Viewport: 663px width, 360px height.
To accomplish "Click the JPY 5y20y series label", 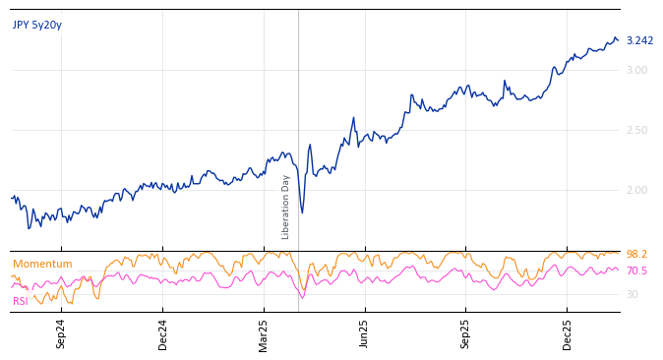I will pos(37,26).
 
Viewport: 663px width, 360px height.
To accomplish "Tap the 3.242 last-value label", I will pos(639,41).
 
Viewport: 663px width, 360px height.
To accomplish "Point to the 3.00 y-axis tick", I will pos(636,70).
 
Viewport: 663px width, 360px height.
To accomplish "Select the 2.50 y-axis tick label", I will pos(636,130).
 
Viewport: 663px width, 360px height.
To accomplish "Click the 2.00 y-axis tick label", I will pos(636,190).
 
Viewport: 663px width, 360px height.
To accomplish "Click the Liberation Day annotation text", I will pos(286,207).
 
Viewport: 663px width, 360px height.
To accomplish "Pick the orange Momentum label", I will pos(42,265).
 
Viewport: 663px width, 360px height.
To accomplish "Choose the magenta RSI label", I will pos(21,302).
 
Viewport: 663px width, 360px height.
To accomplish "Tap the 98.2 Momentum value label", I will pos(636,255).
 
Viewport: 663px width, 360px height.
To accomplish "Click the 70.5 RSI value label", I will pos(636,271).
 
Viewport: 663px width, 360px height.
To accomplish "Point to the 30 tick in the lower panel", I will pos(632,294).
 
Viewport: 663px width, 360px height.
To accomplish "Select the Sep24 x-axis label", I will pos(61,333).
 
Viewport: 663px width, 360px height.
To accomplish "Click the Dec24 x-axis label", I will pos(163,333).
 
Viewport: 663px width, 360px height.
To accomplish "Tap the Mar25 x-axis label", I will pos(264,333).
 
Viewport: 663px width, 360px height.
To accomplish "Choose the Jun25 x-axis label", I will pos(365,333).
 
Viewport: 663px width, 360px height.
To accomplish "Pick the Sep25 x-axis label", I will pos(466,333).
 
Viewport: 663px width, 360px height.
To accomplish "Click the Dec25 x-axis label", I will pos(567,333).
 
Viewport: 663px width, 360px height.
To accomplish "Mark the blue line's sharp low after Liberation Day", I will pos(302,212).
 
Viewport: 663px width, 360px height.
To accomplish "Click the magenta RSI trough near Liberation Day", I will pos(302,298).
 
